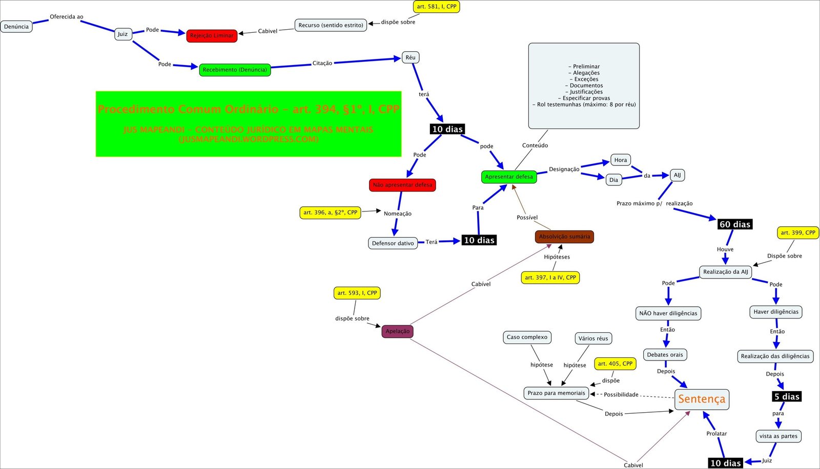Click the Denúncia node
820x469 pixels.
click(x=16, y=27)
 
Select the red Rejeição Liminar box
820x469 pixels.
click(x=212, y=36)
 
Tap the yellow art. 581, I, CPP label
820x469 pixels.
click(x=436, y=7)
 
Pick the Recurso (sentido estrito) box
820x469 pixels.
click(x=331, y=25)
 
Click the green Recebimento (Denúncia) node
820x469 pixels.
click(x=235, y=70)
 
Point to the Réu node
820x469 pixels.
click(x=411, y=57)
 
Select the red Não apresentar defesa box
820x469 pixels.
click(x=402, y=185)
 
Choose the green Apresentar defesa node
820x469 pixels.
click(x=509, y=177)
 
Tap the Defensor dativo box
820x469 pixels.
click(x=393, y=243)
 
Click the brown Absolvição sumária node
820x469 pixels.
click(x=564, y=237)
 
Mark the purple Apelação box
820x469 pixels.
click(x=397, y=331)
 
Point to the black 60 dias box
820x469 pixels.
click(x=734, y=224)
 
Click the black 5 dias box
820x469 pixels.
click(x=787, y=397)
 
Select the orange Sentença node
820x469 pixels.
click(x=702, y=399)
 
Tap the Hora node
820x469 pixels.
click(x=621, y=160)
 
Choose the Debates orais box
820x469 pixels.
click(x=665, y=355)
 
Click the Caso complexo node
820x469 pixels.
click(x=527, y=337)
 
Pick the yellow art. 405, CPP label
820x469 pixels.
click(x=615, y=364)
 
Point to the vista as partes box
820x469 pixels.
click(x=778, y=436)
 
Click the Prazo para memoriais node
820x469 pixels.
click(x=556, y=393)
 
